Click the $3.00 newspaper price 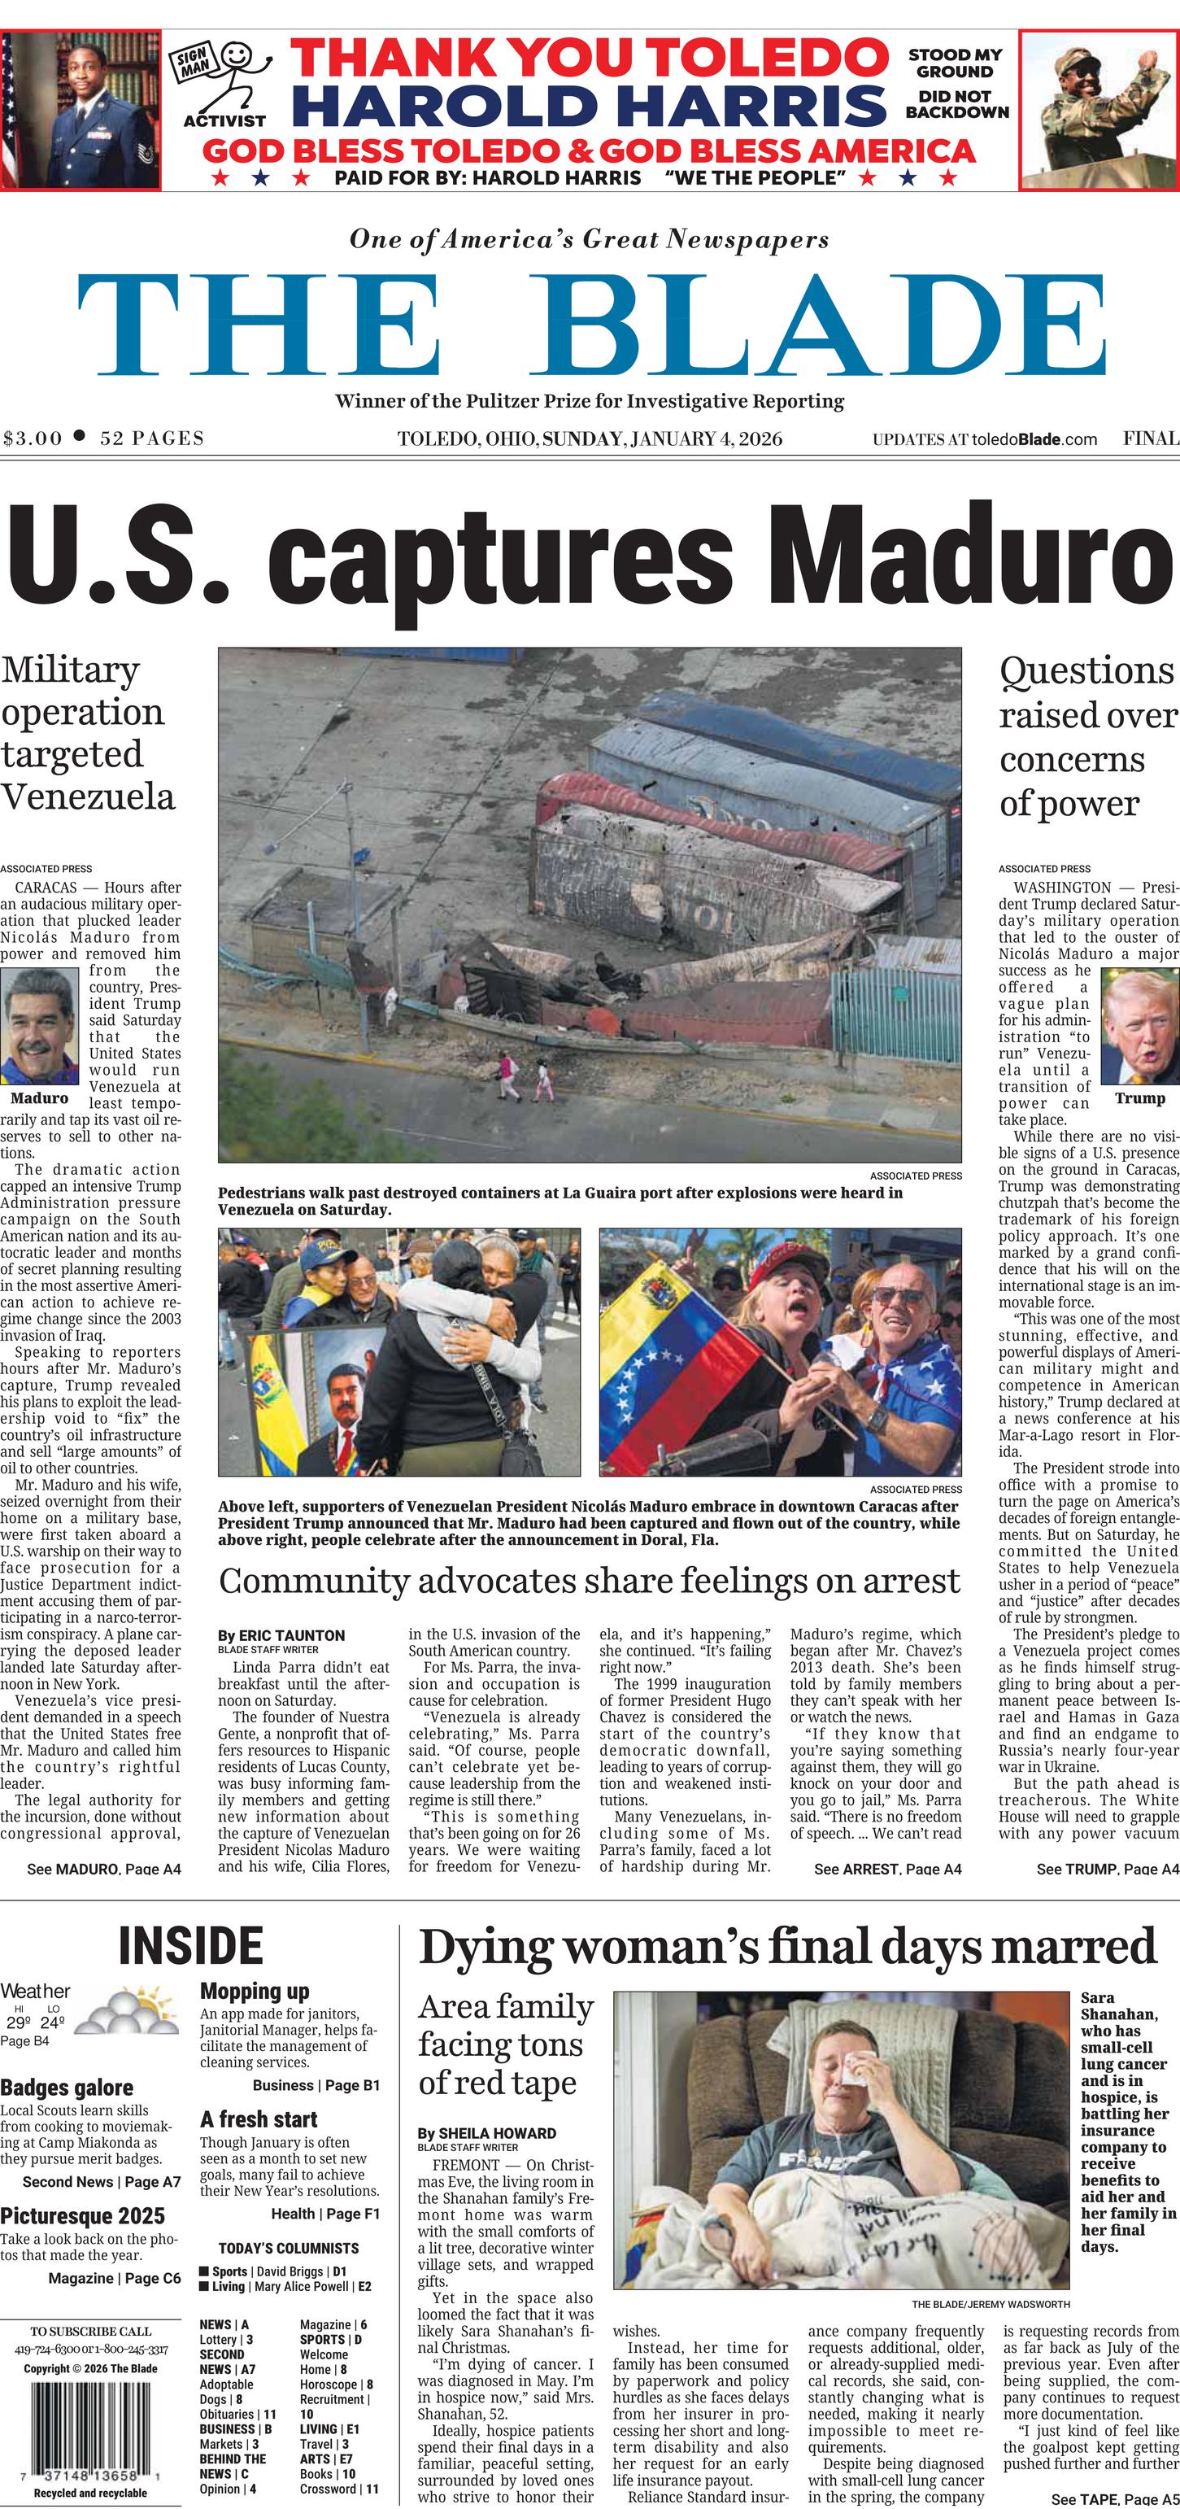coord(33,439)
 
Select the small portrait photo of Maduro coord(38,1027)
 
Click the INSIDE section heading coord(191,1946)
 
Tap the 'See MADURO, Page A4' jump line coord(104,1868)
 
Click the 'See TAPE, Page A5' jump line coord(1115,2499)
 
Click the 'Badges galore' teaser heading coord(67,2088)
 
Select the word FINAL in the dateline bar coord(1150,439)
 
